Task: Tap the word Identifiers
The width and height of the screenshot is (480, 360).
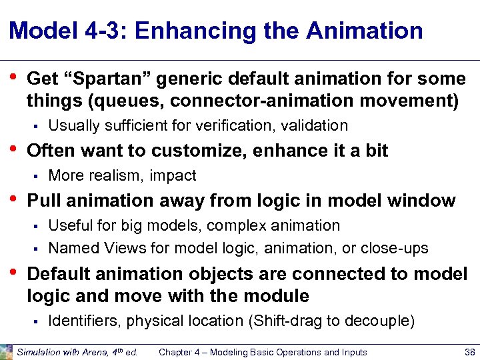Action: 82,321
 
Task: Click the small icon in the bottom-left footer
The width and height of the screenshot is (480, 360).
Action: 6,351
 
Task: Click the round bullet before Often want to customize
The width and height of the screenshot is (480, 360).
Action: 15,149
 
